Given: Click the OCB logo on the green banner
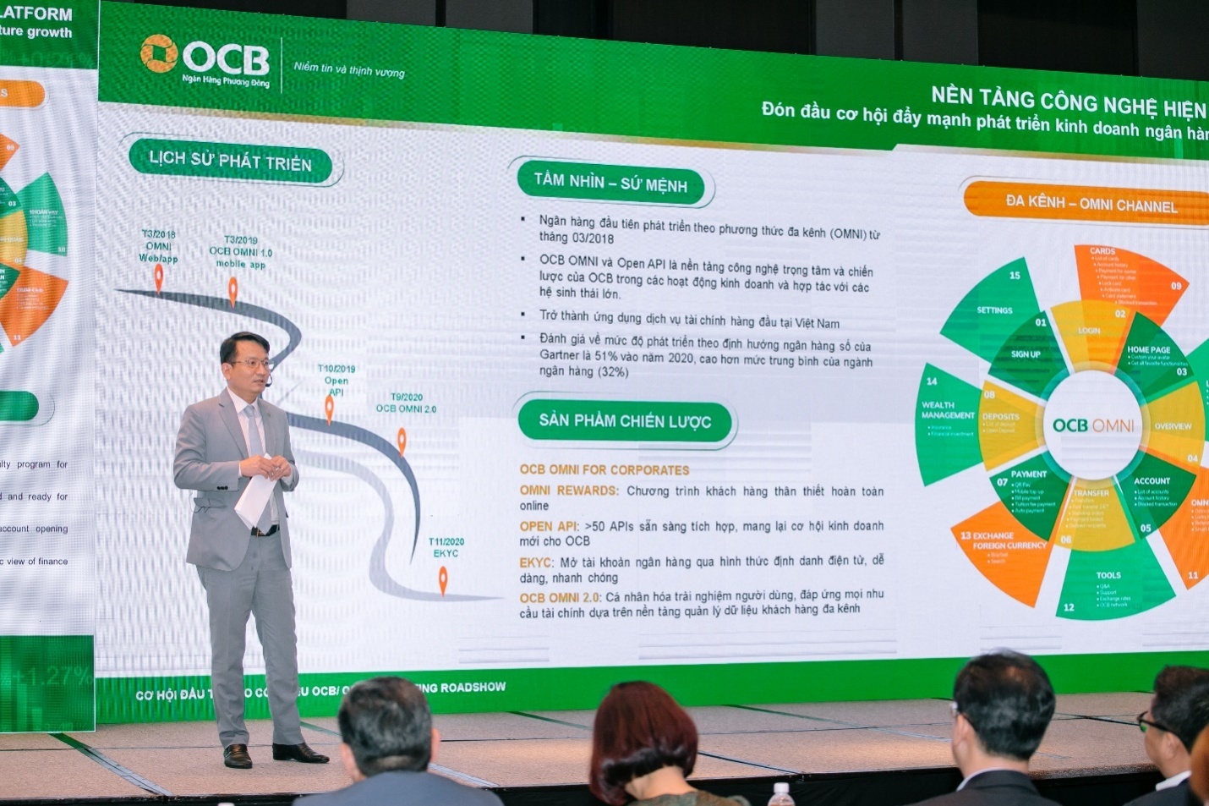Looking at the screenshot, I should [205, 60].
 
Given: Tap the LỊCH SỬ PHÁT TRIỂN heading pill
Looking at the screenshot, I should [230, 161].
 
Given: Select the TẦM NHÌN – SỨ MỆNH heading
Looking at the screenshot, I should [610, 183].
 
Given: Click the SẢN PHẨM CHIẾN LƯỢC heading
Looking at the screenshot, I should [625, 420].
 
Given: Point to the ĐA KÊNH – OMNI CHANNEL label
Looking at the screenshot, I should [1091, 203].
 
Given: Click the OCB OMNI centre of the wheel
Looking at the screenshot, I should [1093, 425].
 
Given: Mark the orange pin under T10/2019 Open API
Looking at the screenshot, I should [330, 408].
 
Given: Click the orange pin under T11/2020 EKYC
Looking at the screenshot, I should [443, 580].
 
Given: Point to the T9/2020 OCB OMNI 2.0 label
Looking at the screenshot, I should [406, 403].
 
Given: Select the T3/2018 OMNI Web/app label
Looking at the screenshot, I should [159, 246].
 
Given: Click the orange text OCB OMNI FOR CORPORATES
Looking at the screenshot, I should [604, 469].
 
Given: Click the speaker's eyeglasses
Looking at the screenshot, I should [253, 364].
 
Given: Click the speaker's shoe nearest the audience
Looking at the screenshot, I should [299, 752].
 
